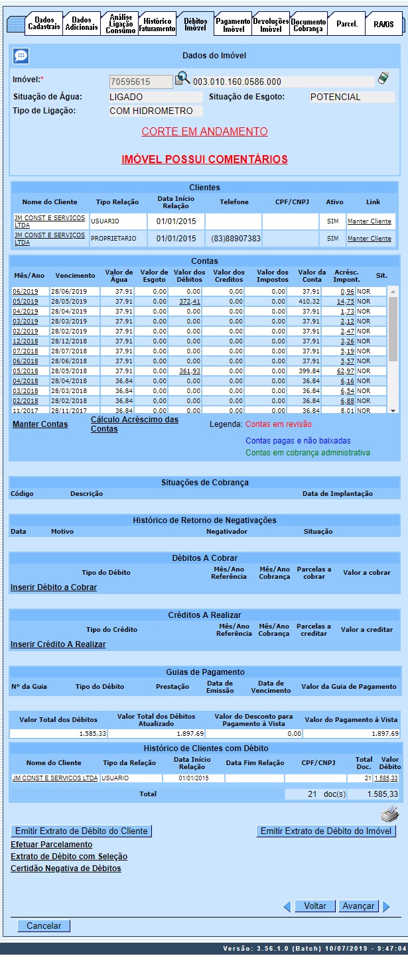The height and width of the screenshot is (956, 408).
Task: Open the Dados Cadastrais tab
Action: [44, 24]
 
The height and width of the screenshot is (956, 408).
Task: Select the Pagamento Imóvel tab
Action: [234, 25]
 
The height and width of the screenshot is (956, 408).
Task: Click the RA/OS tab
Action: [383, 25]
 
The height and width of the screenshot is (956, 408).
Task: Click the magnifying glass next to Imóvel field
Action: [182, 80]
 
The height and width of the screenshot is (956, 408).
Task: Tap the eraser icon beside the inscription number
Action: [383, 79]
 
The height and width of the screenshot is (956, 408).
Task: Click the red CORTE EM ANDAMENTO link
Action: [204, 131]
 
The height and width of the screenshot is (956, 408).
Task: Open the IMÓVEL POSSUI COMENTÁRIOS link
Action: [204, 159]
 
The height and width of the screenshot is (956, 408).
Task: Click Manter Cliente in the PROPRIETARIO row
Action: [370, 238]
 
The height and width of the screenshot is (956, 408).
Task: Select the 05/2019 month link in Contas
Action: [25, 302]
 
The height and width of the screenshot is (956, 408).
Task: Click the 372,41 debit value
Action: [190, 302]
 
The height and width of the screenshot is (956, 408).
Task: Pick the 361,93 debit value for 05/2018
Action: [190, 371]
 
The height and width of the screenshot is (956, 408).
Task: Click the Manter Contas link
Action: [40, 424]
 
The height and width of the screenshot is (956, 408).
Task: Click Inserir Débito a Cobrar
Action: [54, 587]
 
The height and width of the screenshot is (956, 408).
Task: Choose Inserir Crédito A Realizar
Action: [58, 644]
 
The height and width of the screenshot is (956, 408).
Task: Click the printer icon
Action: [389, 815]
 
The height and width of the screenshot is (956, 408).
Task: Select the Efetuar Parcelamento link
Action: [51, 845]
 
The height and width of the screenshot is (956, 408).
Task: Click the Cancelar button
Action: [44, 926]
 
